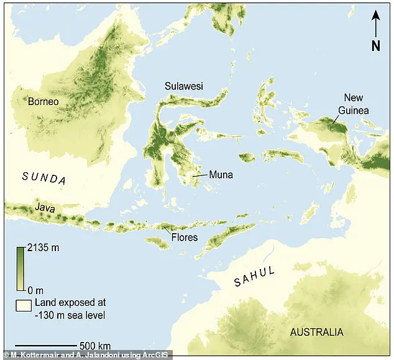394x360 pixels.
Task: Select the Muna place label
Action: (x=221, y=175)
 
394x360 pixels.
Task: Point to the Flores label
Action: (x=185, y=237)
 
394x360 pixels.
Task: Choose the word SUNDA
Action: (x=44, y=178)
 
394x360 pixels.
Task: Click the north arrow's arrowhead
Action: (x=376, y=15)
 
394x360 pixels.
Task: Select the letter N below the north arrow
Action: (x=376, y=45)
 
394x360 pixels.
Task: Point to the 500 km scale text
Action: (x=95, y=346)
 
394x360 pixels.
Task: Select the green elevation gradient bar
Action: (x=21, y=269)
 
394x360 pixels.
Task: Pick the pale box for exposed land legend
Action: (x=24, y=305)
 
